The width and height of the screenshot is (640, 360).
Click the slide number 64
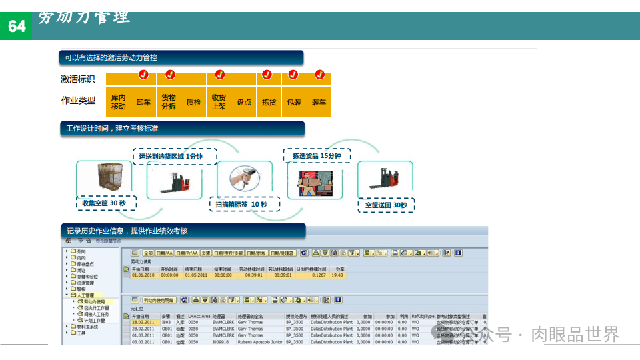tap(17, 26)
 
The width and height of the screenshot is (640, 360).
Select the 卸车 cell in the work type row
tap(143, 102)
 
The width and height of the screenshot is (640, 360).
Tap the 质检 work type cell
tap(193, 102)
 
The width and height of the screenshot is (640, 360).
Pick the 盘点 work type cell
tap(244, 102)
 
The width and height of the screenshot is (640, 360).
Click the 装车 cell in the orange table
tap(319, 102)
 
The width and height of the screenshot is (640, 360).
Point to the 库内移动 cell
tap(118, 102)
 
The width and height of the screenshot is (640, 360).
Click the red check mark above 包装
tap(294, 74)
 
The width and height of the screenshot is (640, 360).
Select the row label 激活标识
tap(77, 79)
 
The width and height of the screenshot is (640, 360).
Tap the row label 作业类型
tap(77, 101)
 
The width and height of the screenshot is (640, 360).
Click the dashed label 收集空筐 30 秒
tap(105, 203)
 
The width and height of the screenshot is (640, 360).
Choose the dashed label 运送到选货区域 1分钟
tap(170, 156)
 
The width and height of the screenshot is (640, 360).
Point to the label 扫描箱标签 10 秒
tap(241, 204)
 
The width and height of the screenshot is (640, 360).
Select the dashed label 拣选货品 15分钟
tap(316, 155)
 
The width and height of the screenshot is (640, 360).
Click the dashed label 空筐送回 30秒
tap(385, 205)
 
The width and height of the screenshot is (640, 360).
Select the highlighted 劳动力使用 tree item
tap(94, 301)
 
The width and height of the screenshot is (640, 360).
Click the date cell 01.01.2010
tap(143, 275)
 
